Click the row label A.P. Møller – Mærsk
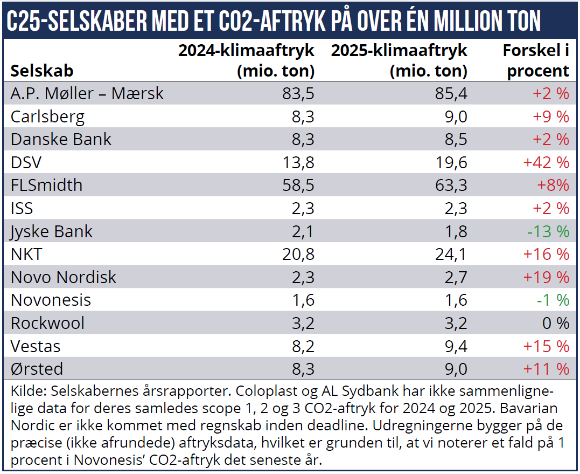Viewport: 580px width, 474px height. [x=87, y=93]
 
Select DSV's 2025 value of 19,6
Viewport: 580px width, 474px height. [x=451, y=162]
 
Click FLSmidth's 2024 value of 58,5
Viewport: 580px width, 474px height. [x=298, y=186]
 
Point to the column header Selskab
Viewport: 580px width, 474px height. [x=42, y=71]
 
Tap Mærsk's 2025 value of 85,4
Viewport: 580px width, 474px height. [x=451, y=93]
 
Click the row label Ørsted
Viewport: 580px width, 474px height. [x=37, y=369]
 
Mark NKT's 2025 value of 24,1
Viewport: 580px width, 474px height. [x=451, y=254]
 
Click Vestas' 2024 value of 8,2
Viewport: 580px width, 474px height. [x=303, y=346]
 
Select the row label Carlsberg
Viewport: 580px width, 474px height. [x=47, y=116]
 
